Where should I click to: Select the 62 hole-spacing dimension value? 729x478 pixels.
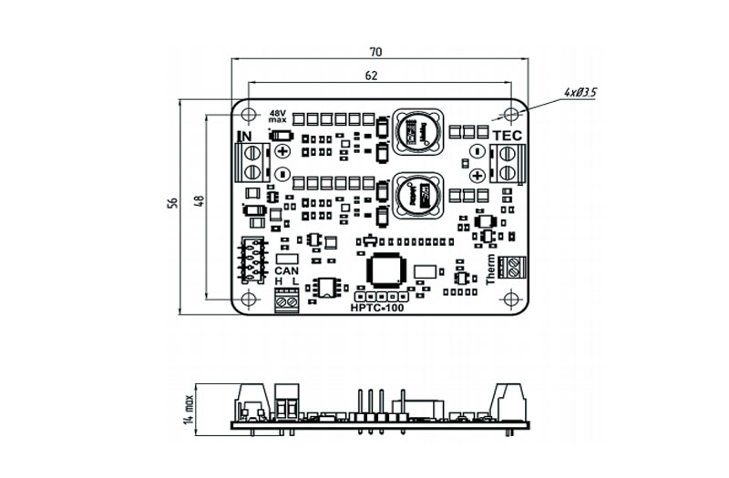point(371,76)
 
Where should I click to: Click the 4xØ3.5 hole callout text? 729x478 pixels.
point(580,93)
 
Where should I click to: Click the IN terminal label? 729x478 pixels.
point(245,137)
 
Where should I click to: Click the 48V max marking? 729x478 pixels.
point(277,117)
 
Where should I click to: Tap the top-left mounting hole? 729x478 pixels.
point(248,113)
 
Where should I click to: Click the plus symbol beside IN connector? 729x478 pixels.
point(282,151)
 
